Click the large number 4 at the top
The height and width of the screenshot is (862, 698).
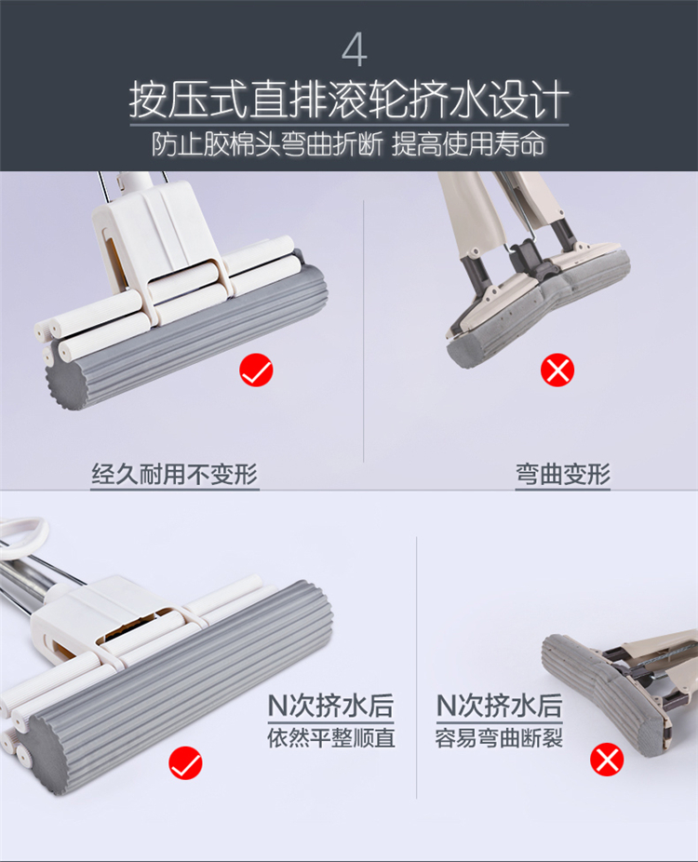click(355, 50)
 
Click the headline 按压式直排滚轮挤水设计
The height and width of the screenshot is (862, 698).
click(349, 100)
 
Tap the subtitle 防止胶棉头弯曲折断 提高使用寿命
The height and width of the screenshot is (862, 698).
click(348, 144)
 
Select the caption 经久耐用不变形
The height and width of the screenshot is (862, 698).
click(174, 474)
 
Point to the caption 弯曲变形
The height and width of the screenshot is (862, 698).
click(563, 474)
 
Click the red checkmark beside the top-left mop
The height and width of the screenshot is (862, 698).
click(256, 370)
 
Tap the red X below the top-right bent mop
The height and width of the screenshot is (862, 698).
click(557, 370)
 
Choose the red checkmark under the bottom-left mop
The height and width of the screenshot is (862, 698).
click(186, 762)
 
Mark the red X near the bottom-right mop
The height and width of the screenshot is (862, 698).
click(607, 760)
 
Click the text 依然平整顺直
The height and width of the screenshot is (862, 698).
click(331, 738)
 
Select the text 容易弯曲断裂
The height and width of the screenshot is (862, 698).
click(499, 738)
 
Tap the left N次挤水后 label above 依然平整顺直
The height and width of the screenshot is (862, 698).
click(331, 706)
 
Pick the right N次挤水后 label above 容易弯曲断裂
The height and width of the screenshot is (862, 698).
click(499, 706)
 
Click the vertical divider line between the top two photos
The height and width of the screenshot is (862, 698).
click(364, 331)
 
